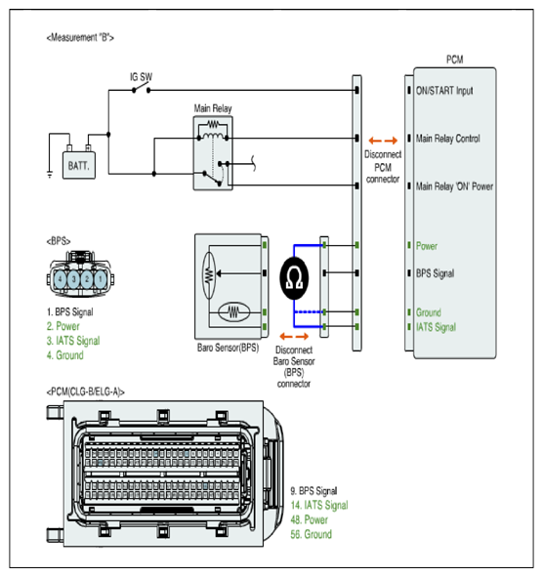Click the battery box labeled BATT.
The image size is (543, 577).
[x=79, y=165]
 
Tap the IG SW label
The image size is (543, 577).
[x=141, y=77]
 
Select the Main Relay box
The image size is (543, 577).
[x=213, y=153]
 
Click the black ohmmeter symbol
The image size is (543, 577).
[x=294, y=278]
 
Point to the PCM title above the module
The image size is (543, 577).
[x=455, y=60]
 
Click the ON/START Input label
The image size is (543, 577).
[x=444, y=91]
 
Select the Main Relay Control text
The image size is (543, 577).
[x=448, y=139]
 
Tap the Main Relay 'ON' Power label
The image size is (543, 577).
[x=454, y=186]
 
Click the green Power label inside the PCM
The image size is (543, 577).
[x=427, y=246]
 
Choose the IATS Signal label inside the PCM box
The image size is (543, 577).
[x=436, y=327]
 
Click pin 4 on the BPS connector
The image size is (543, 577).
[x=61, y=279]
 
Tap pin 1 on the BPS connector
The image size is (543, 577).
[x=101, y=279]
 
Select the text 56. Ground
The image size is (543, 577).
[x=312, y=534]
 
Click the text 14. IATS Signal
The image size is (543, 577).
[x=319, y=506]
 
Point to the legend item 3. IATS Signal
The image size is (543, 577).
[x=73, y=341]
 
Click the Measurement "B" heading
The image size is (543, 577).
[x=80, y=37]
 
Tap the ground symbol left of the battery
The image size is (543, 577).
[x=50, y=174]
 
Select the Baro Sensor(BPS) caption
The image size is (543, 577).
[x=228, y=348]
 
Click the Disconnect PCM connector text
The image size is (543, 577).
[x=383, y=167]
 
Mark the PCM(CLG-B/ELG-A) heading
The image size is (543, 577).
[x=85, y=392]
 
